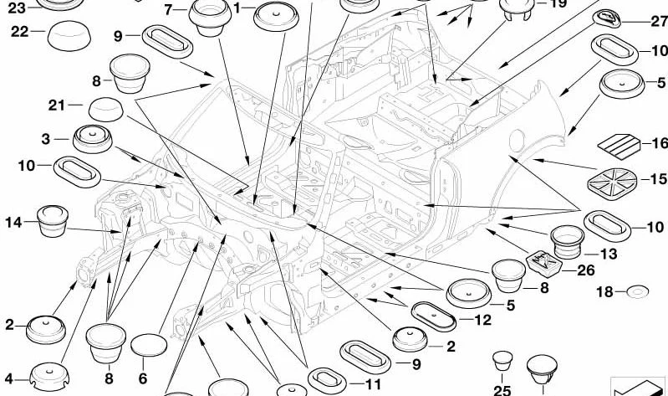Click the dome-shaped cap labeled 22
pos(69,35)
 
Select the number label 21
pos(57,105)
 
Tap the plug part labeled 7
pos(210,17)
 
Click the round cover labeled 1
pos(276,16)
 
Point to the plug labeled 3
pos(93,139)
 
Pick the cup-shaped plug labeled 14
pos(53,221)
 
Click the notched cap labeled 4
pos(50,377)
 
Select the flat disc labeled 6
pos(149,345)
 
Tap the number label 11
pos(373,384)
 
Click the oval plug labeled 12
pos(434,317)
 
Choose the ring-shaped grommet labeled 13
pos(567,242)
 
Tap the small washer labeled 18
pos(638,292)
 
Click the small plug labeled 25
pos(502,361)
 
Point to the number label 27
pos(659,21)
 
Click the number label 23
pos(17,8)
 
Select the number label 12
pos(482,320)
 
